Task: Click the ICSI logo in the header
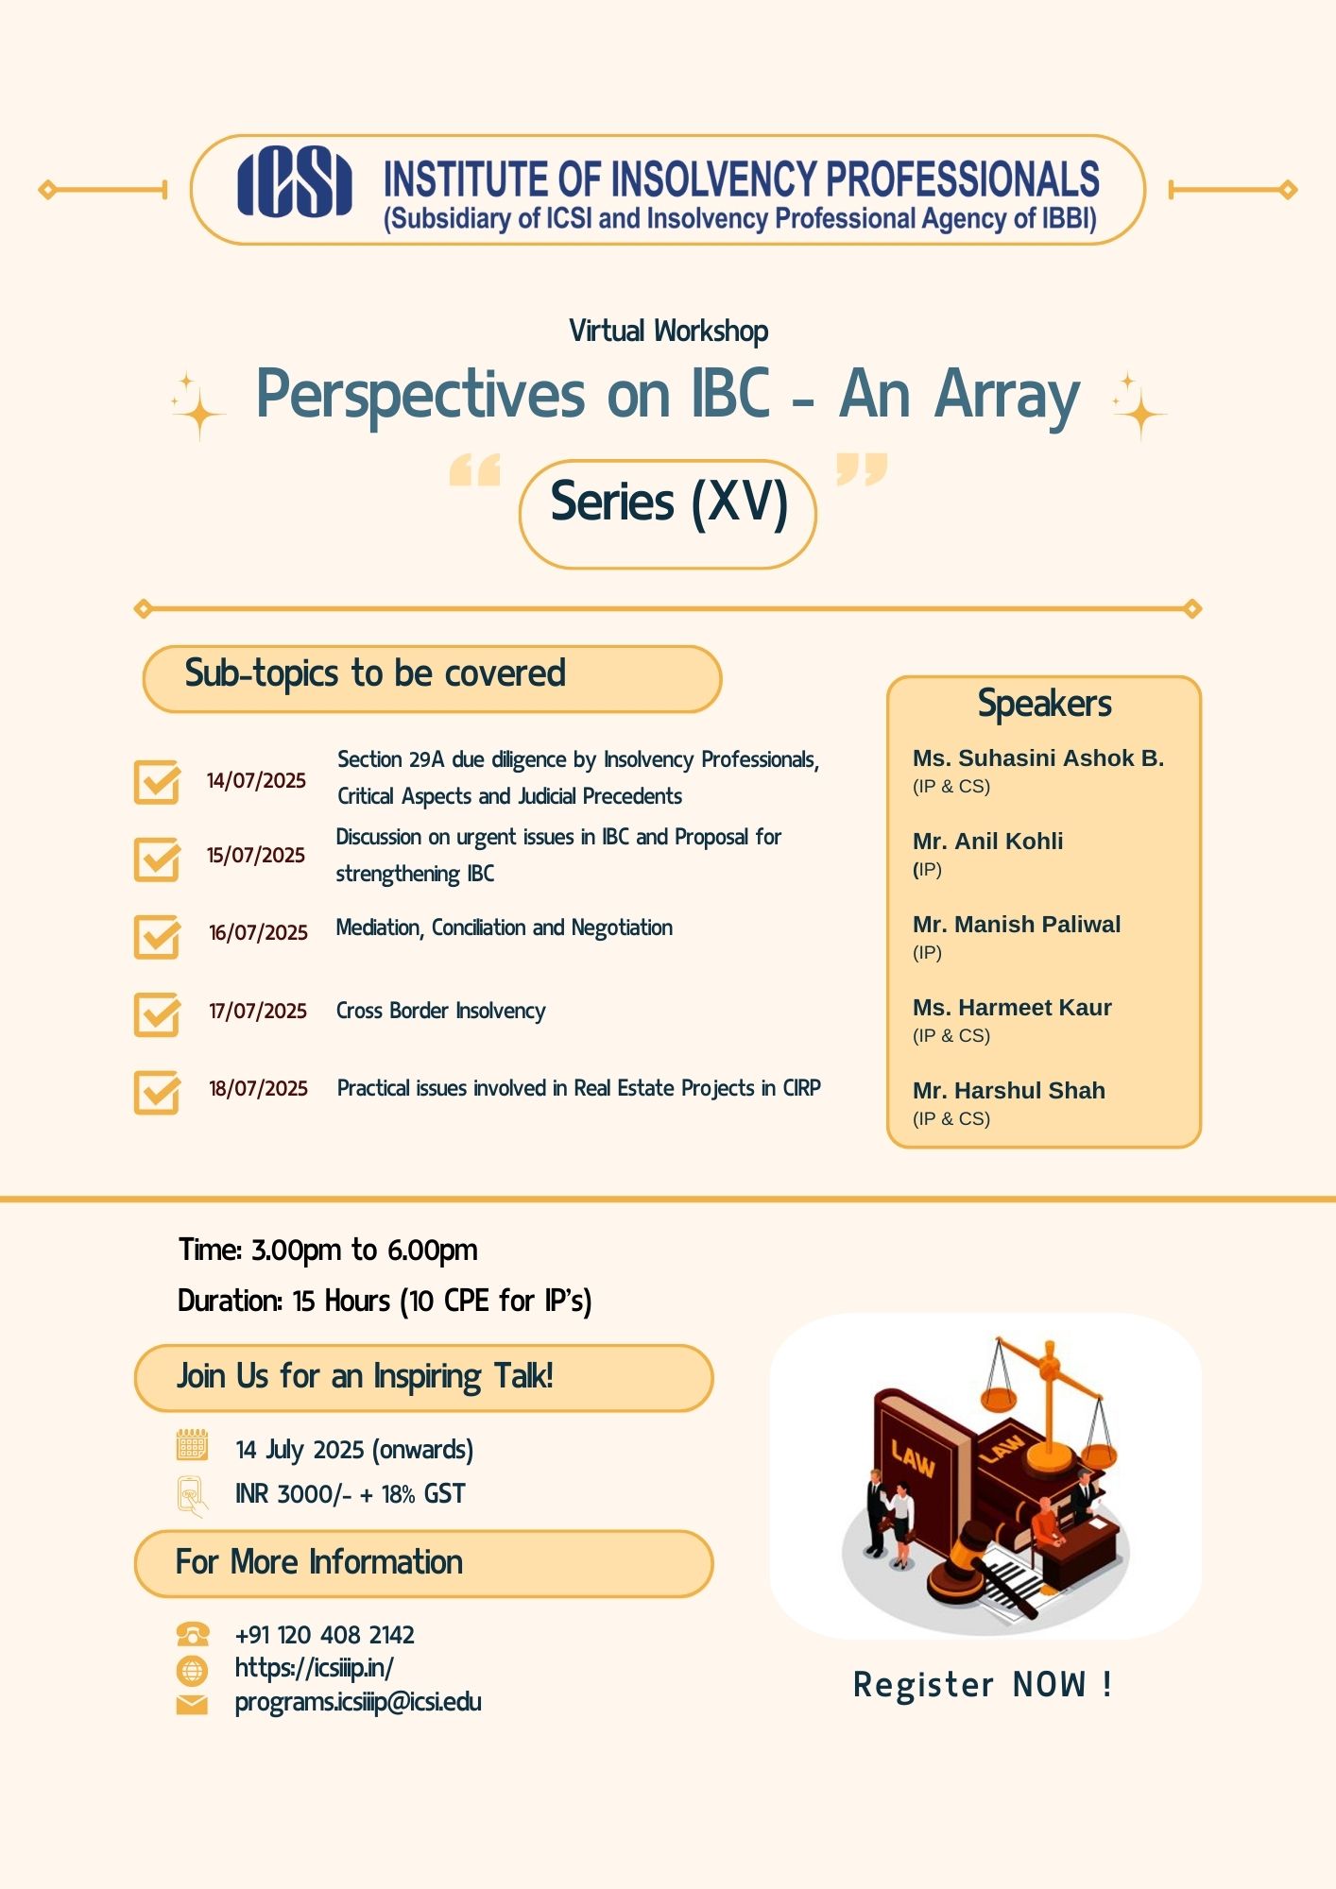(x=294, y=181)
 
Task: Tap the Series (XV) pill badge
(x=667, y=514)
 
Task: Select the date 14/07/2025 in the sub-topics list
(x=256, y=780)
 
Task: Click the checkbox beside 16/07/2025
(x=157, y=936)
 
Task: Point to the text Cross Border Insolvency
(x=441, y=1011)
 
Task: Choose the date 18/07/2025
(x=258, y=1088)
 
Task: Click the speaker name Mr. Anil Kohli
(x=987, y=841)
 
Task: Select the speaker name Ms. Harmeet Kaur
(x=1012, y=1007)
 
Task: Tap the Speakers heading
(x=1044, y=704)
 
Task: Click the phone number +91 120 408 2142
(x=324, y=1635)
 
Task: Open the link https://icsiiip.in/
(x=314, y=1668)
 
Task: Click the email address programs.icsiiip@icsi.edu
(x=358, y=1702)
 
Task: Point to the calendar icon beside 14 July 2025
(x=192, y=1445)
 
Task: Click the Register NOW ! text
(x=983, y=1684)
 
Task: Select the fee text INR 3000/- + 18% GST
(x=350, y=1494)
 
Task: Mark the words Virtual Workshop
(x=668, y=332)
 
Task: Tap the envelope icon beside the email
(x=192, y=1704)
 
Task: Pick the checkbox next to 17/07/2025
(x=157, y=1014)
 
